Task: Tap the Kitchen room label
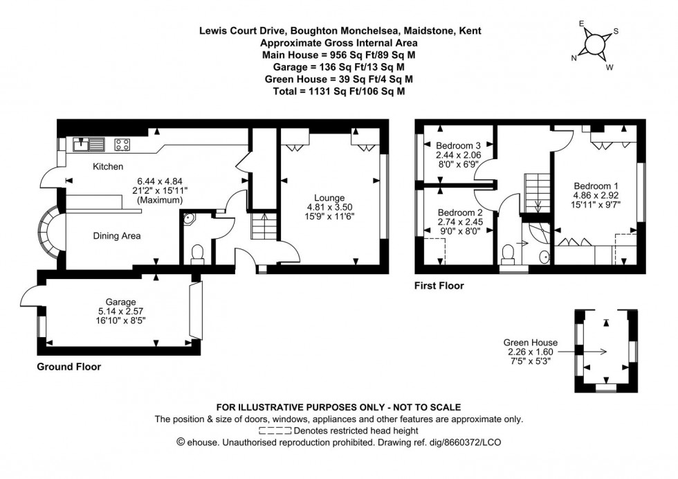click(x=109, y=167)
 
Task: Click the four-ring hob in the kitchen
click(x=122, y=145)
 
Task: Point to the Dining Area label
click(x=117, y=236)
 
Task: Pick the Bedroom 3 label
click(x=458, y=145)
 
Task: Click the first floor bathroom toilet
click(x=510, y=253)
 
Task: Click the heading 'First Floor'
click(x=439, y=285)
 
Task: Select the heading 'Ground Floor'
click(x=68, y=367)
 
